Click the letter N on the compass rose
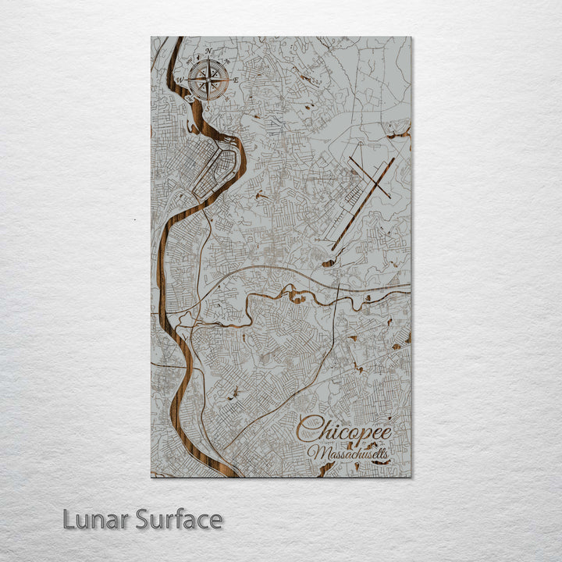tap(208, 53)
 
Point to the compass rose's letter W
tap(180, 80)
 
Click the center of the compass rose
tap(208, 79)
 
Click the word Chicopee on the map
tap(344, 429)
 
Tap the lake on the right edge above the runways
tap(402, 134)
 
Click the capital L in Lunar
tap(69, 519)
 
